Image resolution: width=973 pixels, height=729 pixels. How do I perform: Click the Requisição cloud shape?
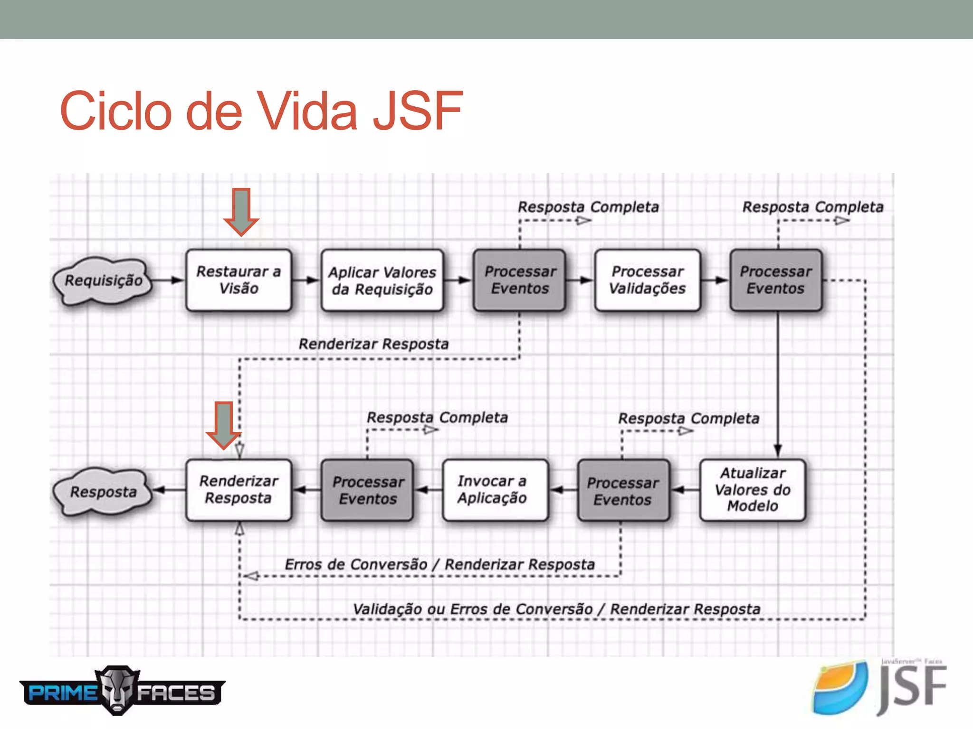pos(103,280)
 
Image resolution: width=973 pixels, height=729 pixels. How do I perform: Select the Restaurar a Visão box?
pos(238,280)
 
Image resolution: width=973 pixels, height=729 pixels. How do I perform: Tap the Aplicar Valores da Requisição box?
pos(382,280)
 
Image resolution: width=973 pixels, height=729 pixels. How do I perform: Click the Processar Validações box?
pos(647,280)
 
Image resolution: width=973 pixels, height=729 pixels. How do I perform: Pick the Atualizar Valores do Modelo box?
pos(753,490)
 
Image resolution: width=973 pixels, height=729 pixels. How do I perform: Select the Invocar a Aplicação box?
pos(495,490)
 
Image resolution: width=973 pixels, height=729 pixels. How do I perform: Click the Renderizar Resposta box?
pos(238,490)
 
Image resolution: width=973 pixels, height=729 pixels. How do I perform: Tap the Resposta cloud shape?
pos(103,492)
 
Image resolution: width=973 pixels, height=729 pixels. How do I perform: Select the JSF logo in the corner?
pos(879,688)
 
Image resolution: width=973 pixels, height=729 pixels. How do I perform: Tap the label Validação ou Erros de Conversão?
pos(473,609)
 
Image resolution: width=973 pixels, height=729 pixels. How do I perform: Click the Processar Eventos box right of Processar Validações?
pos(776,280)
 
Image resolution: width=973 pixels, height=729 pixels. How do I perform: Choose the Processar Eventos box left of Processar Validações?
pos(520,280)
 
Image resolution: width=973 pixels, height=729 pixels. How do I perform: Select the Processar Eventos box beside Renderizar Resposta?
pos(367,490)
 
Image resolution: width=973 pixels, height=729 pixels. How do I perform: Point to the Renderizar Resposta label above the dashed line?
pos(373,344)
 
